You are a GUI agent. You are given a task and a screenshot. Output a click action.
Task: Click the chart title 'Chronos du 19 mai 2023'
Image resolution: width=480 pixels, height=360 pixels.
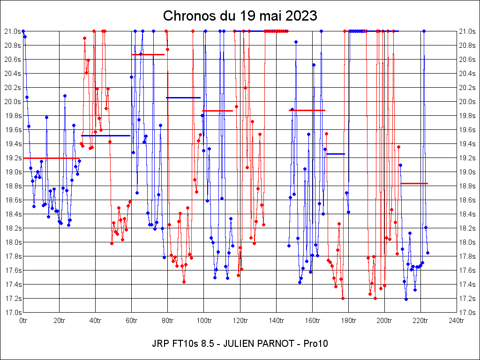pos(240,16)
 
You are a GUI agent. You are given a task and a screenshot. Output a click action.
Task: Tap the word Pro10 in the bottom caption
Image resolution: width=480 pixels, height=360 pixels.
pos(315,344)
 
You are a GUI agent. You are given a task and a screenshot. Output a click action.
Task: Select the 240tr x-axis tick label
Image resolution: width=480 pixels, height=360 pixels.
pos(456,321)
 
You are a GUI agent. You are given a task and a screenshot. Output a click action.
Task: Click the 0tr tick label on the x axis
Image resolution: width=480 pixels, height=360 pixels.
pos(23,321)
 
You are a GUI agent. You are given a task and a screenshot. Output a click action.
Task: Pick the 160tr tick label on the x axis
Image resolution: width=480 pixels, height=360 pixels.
pos(312,321)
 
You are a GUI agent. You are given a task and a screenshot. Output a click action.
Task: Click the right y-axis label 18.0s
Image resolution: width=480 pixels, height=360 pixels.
pos(467,242)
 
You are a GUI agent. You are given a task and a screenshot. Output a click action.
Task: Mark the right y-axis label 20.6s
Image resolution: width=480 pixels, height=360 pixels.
pos(467,60)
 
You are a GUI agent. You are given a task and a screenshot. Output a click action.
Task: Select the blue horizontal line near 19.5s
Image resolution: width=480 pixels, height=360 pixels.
pos(105,135)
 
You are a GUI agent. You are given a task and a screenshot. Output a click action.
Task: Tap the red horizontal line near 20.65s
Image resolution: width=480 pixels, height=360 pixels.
pos(148,54)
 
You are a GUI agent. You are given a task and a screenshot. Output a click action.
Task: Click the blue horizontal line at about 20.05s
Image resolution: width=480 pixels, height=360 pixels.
pos(183,97)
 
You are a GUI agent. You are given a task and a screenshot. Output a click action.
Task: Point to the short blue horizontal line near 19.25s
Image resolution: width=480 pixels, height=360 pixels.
pos(336,154)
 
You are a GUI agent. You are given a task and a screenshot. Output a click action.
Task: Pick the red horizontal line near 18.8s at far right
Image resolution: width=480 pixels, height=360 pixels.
pos(414,183)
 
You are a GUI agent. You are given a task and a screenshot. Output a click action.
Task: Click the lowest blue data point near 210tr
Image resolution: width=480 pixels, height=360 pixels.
pos(406,299)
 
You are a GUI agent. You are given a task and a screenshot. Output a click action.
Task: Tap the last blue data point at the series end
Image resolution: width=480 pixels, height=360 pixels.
pos(427,253)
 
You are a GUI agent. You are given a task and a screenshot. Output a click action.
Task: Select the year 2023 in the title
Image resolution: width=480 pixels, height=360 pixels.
pos(300,16)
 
